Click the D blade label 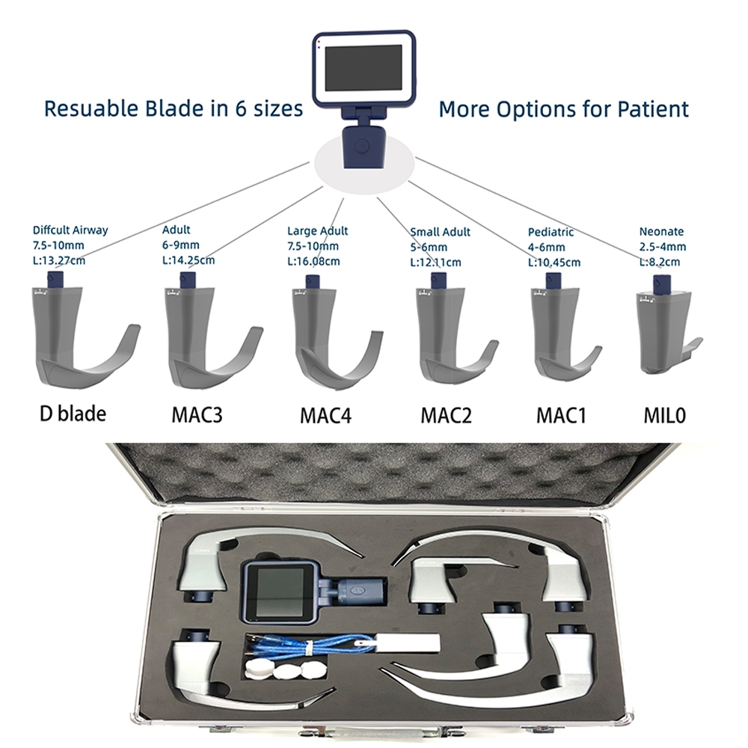(73, 414)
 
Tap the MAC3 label (197, 414)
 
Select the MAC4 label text (325, 415)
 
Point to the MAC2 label (446, 415)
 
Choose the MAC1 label (561, 415)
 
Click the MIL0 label (664, 415)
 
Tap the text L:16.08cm (313, 261)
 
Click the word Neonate (661, 232)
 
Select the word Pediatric (551, 233)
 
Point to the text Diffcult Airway (70, 230)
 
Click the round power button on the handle (363, 145)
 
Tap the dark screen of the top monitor (364, 68)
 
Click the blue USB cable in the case (305, 646)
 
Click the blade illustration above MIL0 (668, 325)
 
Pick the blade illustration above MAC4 (337, 333)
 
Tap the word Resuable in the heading (91, 108)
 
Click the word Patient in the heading (653, 108)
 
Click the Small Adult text (441, 233)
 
